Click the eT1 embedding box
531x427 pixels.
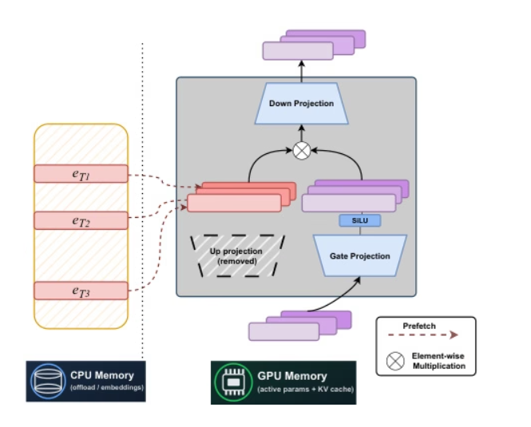pyautogui.click(x=80, y=174)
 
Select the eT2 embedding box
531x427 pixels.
pyautogui.click(x=80, y=220)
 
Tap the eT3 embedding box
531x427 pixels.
pyautogui.click(x=80, y=291)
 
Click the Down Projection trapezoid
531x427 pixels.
pyautogui.click(x=301, y=104)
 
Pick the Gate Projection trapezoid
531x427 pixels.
pyautogui.click(x=359, y=255)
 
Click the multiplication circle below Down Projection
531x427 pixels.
pyautogui.click(x=301, y=151)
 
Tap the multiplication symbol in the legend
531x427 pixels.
pyautogui.click(x=395, y=361)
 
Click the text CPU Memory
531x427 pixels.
pyautogui.click(x=102, y=375)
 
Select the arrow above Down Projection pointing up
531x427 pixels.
pyautogui.click(x=301, y=73)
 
